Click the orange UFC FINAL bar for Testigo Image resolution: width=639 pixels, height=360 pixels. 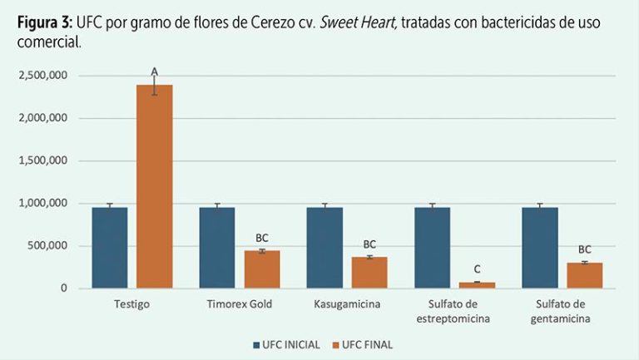(x=154, y=187)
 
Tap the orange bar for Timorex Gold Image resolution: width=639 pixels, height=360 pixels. (x=261, y=269)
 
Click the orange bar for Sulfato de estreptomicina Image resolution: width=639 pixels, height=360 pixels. (x=477, y=285)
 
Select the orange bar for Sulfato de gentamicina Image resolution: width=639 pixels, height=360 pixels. (x=584, y=275)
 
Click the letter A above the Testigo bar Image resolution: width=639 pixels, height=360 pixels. (x=154, y=72)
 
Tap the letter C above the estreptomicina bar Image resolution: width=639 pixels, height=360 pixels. (x=477, y=269)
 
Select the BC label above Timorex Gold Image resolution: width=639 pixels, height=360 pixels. (x=262, y=239)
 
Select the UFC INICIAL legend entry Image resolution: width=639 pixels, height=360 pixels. (x=285, y=344)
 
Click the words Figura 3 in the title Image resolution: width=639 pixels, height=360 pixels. (x=42, y=23)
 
